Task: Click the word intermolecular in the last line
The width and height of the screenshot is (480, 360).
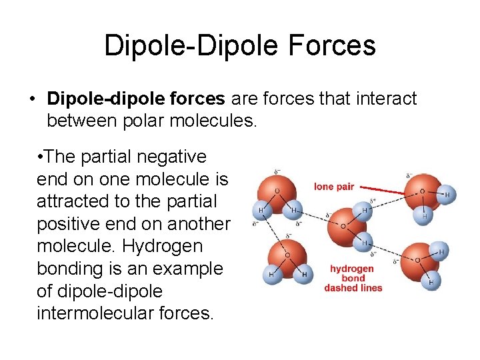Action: click(89, 313)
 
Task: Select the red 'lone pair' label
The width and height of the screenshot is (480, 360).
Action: click(334, 187)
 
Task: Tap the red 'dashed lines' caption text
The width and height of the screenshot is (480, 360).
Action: click(353, 288)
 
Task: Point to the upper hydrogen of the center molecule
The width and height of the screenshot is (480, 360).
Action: click(365, 210)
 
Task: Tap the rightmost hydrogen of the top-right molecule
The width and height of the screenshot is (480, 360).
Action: click(447, 195)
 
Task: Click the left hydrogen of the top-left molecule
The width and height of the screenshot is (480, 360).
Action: click(261, 211)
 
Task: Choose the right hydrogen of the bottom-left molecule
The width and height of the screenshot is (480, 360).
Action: click(305, 274)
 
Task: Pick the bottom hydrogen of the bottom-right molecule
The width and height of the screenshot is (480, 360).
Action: click(431, 283)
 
